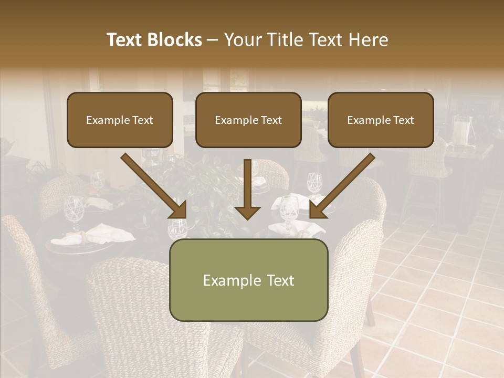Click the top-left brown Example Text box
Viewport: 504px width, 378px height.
tap(120, 120)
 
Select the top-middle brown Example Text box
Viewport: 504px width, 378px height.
tap(248, 120)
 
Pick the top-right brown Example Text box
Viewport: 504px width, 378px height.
tap(381, 120)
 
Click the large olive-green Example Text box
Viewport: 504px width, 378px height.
tap(248, 280)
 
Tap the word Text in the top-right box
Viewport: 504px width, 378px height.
tap(403, 120)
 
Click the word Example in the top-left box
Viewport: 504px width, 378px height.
tap(108, 120)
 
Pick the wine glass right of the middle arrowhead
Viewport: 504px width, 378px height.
tap(288, 210)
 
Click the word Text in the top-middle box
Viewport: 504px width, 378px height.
tap(271, 120)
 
